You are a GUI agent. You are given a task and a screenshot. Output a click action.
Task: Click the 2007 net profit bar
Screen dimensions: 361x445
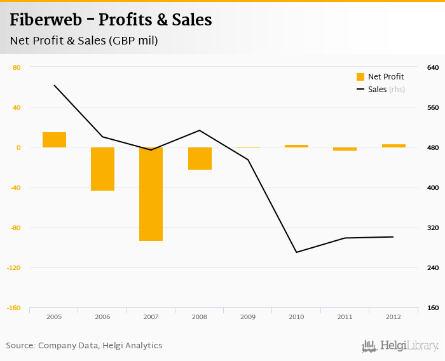pos(151,194)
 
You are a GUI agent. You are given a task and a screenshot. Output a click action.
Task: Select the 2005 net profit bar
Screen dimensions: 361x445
pos(55,139)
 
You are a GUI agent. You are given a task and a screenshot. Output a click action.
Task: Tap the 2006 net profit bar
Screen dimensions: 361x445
pos(102,168)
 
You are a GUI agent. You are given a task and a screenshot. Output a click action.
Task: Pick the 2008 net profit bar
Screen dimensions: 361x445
pos(200,158)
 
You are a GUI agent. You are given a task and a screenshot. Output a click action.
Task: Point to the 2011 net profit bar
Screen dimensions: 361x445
pos(345,149)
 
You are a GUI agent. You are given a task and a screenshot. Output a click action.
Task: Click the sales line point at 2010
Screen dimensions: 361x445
pos(296,252)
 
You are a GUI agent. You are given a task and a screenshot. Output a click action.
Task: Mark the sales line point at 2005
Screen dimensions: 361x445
pos(55,85)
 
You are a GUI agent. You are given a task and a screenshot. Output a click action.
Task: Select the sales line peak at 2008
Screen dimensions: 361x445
pos(200,130)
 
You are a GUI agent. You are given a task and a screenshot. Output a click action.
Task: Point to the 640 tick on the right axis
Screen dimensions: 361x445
pos(433,67)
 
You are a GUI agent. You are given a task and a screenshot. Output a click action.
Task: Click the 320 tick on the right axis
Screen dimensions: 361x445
pos(433,228)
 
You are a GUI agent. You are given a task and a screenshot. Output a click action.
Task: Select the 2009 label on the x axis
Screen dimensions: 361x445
pos(248,317)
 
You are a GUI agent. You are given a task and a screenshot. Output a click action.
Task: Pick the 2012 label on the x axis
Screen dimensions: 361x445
pos(393,317)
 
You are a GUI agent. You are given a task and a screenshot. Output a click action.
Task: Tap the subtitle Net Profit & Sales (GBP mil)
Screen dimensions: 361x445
pos(83,41)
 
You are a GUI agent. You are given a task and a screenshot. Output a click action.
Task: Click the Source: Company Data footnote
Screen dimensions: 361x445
pos(84,346)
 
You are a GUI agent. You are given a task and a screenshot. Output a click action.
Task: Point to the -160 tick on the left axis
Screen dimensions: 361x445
pos(14,308)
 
